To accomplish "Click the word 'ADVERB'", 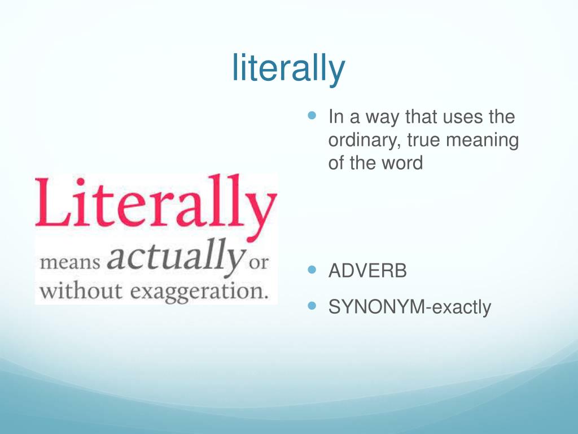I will [367, 271].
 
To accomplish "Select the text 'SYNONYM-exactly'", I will [410, 307].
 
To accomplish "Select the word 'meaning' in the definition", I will [482, 141].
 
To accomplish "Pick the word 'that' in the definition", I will [417, 118].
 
